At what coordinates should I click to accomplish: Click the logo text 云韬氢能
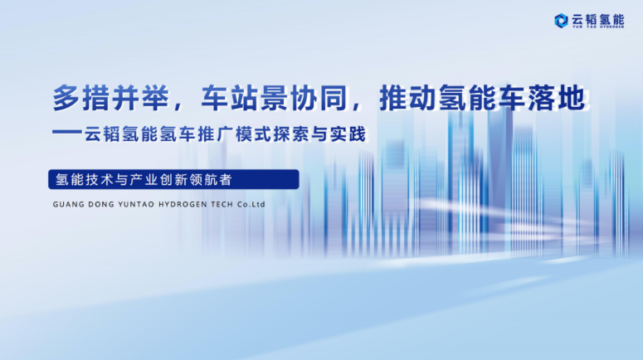pyautogui.click(x=599, y=17)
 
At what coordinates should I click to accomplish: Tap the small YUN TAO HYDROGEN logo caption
pyautogui.click(x=599, y=27)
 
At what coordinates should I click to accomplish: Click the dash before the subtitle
pyautogui.click(x=66, y=132)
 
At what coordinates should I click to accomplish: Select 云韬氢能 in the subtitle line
pyautogui.click(x=129, y=133)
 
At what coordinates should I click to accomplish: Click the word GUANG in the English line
pyautogui.click(x=66, y=202)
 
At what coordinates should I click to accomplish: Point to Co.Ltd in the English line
pyautogui.click(x=249, y=202)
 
